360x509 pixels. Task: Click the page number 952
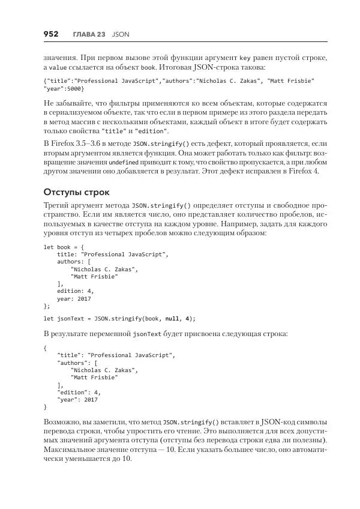pos(51,34)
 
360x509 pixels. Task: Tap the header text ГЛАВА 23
pos(89,35)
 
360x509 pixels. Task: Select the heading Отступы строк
pos(77,193)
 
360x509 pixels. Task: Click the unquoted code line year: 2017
pos(74,298)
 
